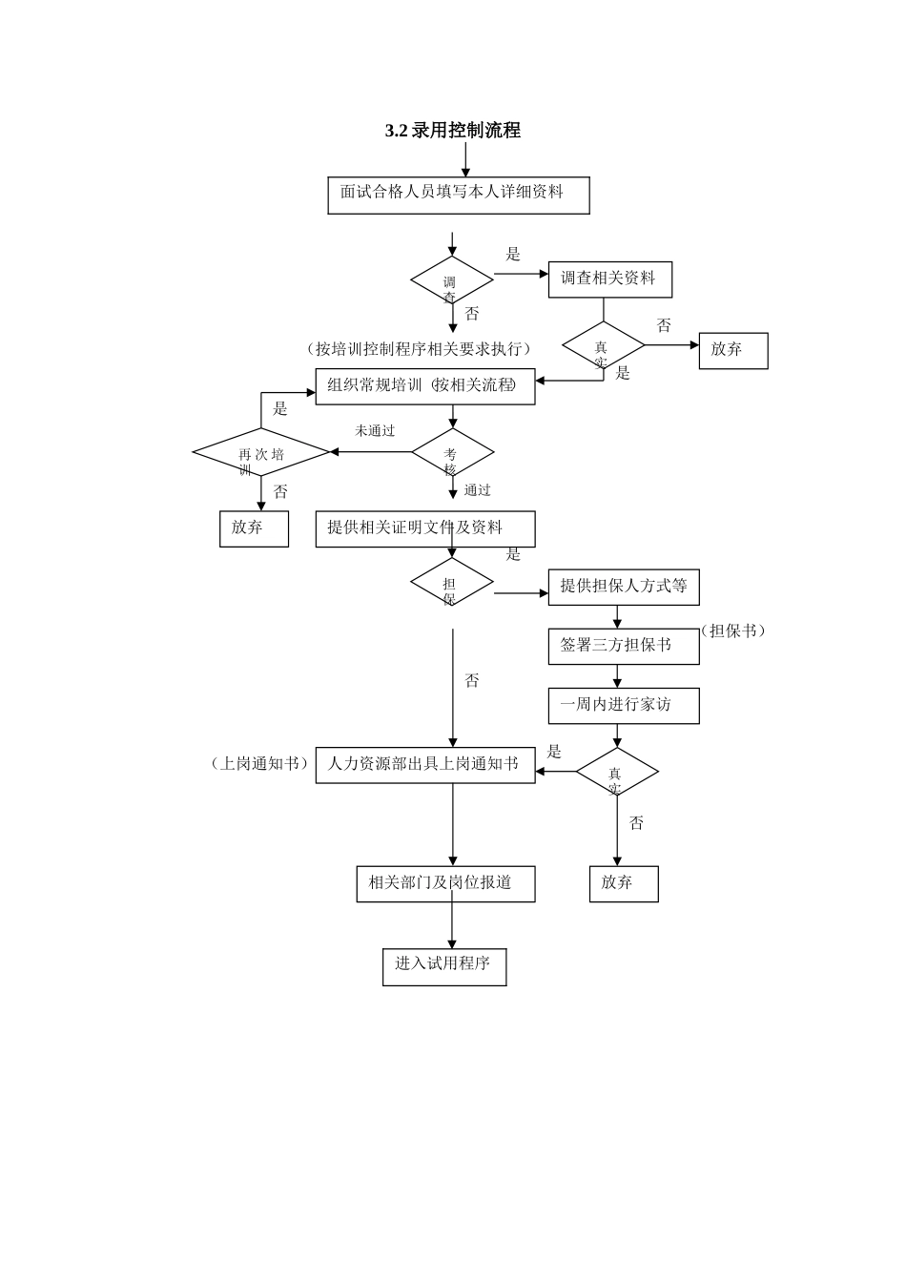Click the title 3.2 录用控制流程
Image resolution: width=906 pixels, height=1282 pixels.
[x=452, y=131]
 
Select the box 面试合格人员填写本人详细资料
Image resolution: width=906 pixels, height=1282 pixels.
[x=459, y=195]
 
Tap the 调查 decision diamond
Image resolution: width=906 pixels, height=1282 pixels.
[x=452, y=281]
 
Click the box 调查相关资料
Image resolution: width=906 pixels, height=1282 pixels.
[x=609, y=279]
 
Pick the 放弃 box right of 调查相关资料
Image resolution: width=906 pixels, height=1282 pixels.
[x=732, y=350]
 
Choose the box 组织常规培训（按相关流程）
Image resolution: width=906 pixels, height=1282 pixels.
[x=425, y=386]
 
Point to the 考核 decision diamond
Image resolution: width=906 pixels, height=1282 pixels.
[x=452, y=453]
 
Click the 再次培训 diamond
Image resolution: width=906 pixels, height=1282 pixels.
[x=261, y=453]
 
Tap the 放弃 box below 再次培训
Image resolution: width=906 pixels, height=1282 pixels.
[x=254, y=528]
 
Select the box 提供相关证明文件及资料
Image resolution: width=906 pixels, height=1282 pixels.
[x=425, y=528]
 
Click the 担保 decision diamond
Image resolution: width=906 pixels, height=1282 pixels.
[x=452, y=583]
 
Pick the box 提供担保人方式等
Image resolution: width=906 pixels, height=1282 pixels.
[x=624, y=587]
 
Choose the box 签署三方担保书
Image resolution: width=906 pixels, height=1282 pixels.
[x=624, y=646]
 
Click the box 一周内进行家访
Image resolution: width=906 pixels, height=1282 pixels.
[x=624, y=706]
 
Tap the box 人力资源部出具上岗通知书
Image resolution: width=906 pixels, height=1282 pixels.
[x=425, y=765]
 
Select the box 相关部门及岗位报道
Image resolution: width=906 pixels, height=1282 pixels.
[x=445, y=883]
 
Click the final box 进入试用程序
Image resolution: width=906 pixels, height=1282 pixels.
[x=444, y=965]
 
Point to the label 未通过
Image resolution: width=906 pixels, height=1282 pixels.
[x=375, y=431]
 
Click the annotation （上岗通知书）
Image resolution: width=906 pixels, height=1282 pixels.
[x=259, y=764]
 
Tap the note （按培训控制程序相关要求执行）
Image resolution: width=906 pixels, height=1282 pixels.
[x=419, y=349]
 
